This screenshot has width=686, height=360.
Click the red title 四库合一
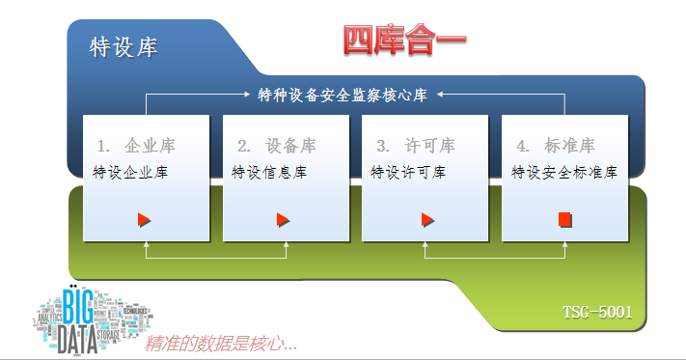point(405,40)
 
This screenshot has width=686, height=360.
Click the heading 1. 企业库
point(136,146)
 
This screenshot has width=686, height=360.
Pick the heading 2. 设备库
point(277,146)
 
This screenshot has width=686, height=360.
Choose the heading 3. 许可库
point(416,146)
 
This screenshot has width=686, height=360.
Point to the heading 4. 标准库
point(556,146)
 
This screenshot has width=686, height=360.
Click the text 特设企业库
point(130,173)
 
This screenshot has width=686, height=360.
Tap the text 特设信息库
point(269,173)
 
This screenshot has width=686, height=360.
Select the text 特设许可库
point(408,173)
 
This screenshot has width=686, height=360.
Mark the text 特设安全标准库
point(563,173)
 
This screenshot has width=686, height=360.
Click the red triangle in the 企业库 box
point(145,220)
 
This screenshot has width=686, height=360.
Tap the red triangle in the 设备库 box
point(284,220)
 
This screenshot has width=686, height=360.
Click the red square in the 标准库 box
point(564,220)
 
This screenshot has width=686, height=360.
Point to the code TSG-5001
point(597,312)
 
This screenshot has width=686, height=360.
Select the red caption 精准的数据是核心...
point(219,343)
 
